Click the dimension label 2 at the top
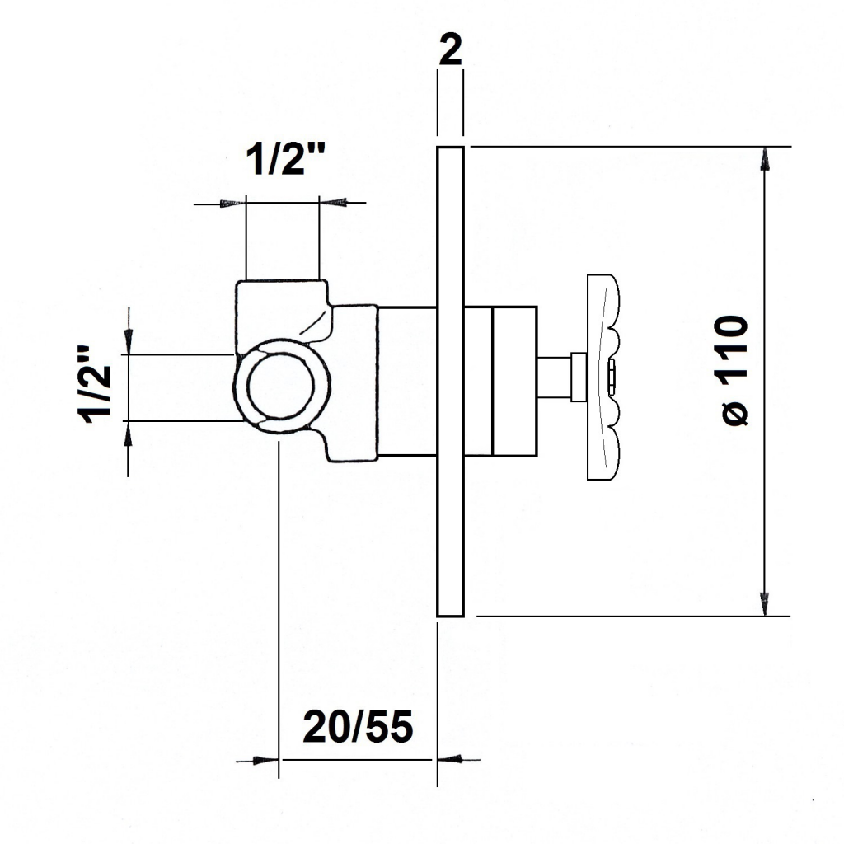point(450,50)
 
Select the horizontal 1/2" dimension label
point(286,159)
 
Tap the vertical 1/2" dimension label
point(96,384)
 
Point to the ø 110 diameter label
point(734,371)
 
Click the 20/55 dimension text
point(358,726)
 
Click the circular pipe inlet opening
point(281,386)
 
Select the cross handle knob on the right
point(603,377)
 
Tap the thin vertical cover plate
point(450,381)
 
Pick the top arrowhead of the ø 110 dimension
point(764,158)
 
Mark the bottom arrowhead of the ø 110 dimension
point(764,604)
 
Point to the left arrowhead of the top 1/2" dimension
point(233,203)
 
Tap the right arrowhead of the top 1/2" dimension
point(332,203)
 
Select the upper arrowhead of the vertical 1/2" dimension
point(128,342)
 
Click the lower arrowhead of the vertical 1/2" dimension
point(128,434)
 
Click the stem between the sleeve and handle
point(555,377)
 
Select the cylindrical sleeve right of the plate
point(500,382)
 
